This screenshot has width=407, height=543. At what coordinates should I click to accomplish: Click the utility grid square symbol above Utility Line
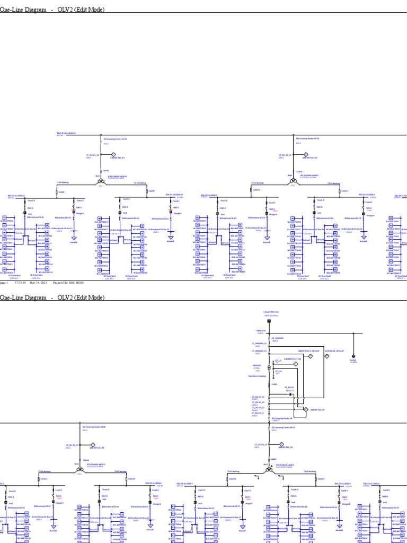(269, 321)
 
